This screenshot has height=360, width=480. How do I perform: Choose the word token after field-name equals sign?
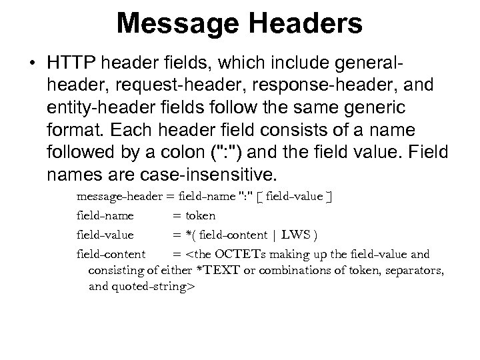click(200, 216)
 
